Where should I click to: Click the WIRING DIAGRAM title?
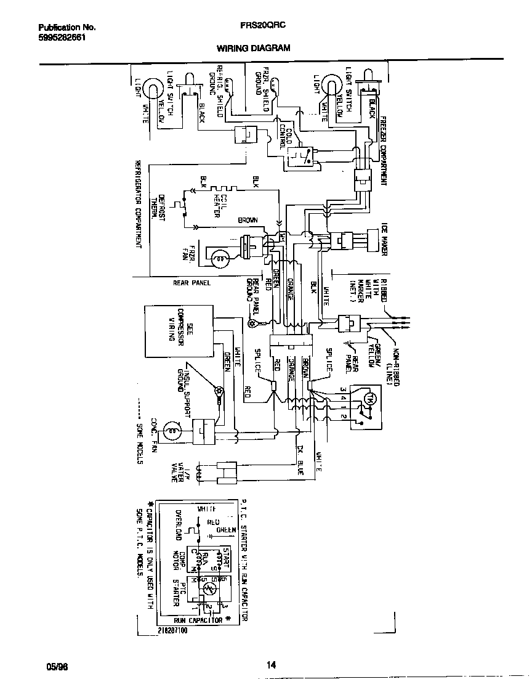pos(253,47)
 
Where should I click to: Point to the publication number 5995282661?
pos(62,37)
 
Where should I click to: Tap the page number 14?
pos(271,664)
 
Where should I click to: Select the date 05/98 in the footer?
pos(56,666)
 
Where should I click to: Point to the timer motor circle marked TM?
pos(369,399)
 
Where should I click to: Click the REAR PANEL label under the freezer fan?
pos(191,283)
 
